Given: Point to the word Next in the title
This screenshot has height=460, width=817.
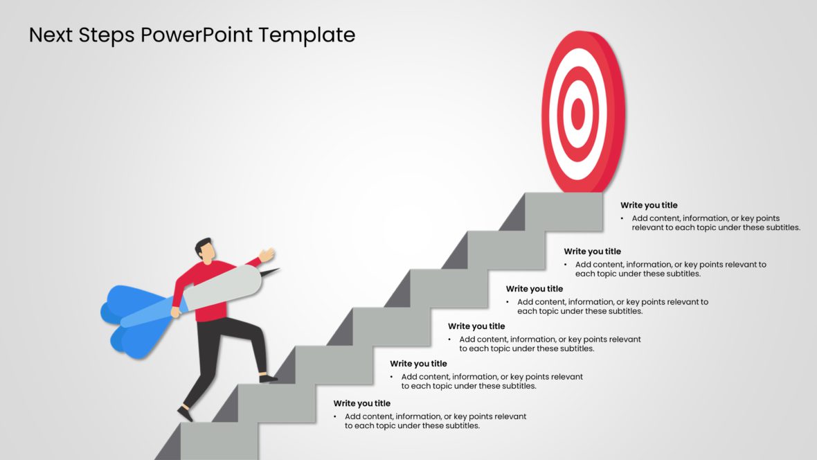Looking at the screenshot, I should [51, 35].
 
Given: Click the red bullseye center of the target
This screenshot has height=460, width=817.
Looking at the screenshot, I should [578, 113].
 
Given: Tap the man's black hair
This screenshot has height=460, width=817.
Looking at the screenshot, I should [202, 245].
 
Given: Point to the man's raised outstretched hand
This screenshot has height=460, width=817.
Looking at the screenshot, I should [267, 254].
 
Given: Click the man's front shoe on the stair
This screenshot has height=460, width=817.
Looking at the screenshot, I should [268, 378].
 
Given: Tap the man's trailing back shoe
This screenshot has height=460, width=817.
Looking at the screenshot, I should [185, 414].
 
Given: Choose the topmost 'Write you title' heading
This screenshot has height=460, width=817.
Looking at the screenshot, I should [649, 205].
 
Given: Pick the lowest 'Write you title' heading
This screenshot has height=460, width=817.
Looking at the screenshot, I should [361, 403].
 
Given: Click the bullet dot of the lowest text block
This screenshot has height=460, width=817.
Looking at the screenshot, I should [336, 417].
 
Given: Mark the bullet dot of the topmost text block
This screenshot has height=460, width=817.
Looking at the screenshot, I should [623, 219].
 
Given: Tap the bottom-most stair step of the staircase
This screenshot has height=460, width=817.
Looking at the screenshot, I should [219, 441].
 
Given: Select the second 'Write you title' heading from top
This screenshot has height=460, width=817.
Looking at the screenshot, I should [592, 251].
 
